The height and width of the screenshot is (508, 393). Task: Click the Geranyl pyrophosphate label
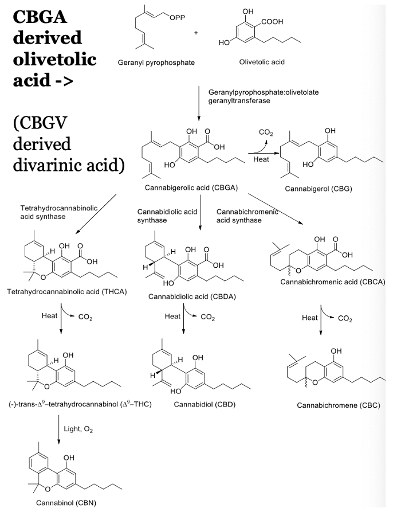coord(156,62)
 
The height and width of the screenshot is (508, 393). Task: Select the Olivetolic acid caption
coord(262,62)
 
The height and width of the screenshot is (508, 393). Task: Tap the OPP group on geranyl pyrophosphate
coord(178,18)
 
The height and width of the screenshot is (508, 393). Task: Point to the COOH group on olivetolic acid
coord(272,22)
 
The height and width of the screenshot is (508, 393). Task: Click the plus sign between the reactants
coord(196,33)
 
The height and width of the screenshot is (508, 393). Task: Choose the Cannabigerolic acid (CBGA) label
coord(191,187)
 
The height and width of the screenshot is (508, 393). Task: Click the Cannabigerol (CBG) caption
coord(318,189)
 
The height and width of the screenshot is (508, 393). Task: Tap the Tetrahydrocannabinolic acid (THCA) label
coord(66,292)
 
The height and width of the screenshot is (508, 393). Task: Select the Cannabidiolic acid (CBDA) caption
coord(192,296)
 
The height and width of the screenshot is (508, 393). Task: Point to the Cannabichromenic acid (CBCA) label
coord(333,282)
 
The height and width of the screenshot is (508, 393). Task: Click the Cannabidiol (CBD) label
coord(205,404)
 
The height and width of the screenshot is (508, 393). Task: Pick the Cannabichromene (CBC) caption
coord(339,405)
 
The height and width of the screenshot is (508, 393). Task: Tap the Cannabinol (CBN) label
coord(66,503)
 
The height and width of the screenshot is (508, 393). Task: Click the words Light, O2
coord(78,429)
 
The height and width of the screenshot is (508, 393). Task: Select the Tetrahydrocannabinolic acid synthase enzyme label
coord(59,212)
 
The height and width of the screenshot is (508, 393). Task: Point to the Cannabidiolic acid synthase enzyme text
coord(167,216)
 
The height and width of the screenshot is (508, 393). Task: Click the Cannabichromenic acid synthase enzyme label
coord(247,216)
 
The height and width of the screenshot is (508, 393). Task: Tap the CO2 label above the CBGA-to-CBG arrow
coord(266,133)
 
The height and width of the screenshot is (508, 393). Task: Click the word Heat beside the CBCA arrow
coord(310,318)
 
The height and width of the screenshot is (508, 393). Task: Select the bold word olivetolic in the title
coord(54,59)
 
